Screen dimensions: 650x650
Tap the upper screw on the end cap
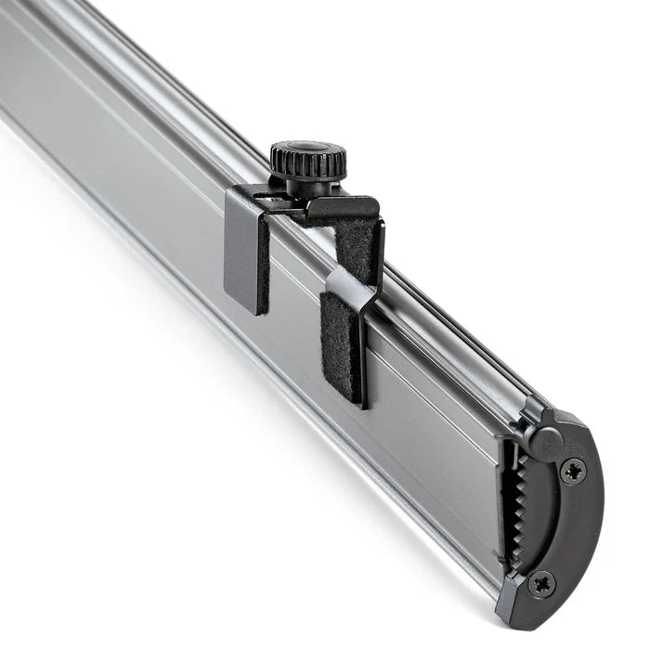coord(572,471)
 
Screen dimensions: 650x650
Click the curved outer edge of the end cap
coord(594,520)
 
